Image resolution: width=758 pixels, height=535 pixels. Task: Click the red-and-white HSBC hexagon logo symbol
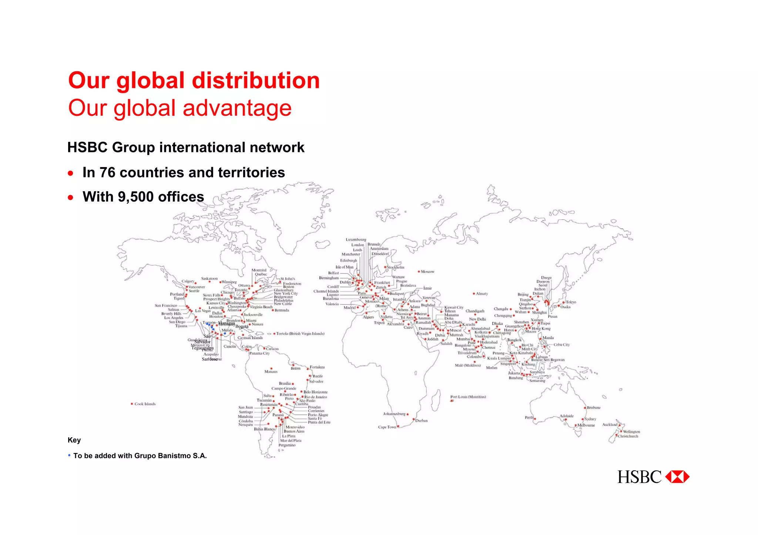(x=677, y=477)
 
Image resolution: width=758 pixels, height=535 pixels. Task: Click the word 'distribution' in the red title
(x=255, y=81)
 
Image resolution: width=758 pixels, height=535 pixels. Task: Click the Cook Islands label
(x=145, y=404)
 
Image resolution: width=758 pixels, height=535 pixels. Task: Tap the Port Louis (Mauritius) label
(x=468, y=397)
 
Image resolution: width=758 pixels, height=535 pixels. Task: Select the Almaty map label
(x=482, y=294)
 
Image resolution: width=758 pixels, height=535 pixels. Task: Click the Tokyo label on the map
(x=571, y=302)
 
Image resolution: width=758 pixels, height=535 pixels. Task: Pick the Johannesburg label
(x=394, y=414)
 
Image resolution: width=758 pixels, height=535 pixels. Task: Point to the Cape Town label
(x=387, y=427)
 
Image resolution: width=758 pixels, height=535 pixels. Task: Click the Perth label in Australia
(x=529, y=417)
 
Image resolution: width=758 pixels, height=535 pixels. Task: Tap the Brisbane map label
(x=594, y=407)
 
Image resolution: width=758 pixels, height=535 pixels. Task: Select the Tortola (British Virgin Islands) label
(x=300, y=333)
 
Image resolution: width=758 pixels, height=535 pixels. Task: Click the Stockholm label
(x=396, y=267)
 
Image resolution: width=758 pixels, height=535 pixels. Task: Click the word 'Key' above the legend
(x=74, y=440)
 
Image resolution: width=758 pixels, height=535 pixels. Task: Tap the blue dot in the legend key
(x=69, y=455)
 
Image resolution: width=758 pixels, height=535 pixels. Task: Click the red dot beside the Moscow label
(x=419, y=271)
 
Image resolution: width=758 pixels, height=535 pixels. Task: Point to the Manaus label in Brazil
(x=271, y=372)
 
